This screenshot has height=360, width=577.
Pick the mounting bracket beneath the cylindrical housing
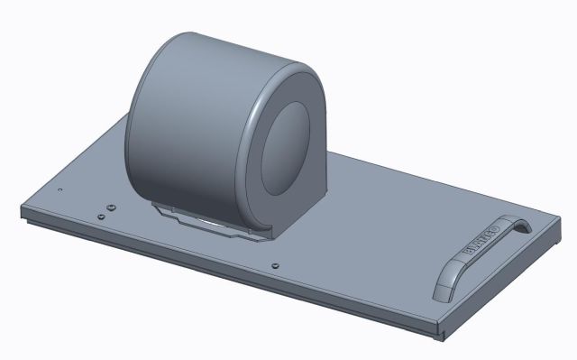(x=203, y=220)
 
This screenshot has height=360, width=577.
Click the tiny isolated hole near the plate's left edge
(x=59, y=190)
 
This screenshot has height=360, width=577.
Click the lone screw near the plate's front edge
(x=273, y=266)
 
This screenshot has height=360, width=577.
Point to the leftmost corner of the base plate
(x=23, y=213)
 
